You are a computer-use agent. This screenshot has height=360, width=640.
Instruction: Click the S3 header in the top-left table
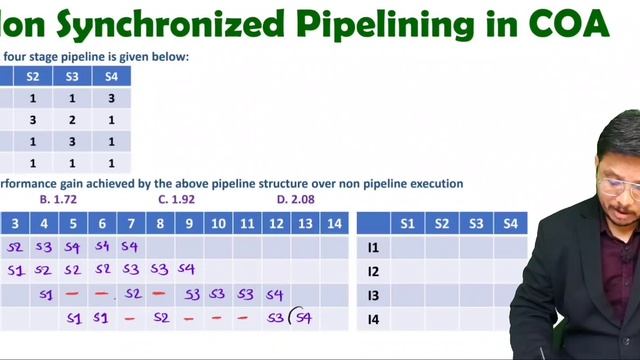pos(72,76)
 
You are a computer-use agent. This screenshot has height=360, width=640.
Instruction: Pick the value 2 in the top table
pos(72,120)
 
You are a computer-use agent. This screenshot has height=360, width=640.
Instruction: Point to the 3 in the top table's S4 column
pos(111,98)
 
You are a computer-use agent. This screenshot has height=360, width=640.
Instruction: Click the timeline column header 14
pos(334,224)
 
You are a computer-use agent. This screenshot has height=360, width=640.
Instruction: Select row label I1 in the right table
pos(373,247)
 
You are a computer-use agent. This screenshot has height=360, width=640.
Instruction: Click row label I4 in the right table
pos(373,319)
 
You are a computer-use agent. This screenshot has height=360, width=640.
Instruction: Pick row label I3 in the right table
pos(373,295)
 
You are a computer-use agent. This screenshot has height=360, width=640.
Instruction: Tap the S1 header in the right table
pos(407,224)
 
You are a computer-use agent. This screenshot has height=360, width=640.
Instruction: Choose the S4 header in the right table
pos(509,224)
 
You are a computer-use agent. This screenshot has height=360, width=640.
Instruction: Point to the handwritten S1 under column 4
pos(45,295)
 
